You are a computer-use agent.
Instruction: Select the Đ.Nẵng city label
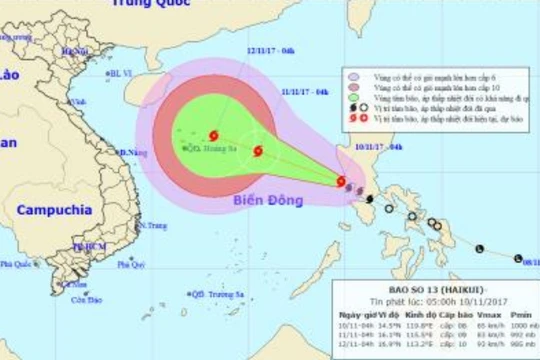[x=128, y=152]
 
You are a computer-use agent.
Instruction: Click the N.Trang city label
[x=152, y=226]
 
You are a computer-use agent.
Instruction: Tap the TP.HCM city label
[x=87, y=246]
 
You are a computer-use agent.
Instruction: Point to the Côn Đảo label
[x=87, y=298]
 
